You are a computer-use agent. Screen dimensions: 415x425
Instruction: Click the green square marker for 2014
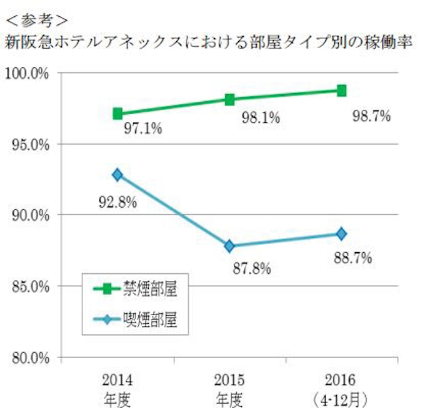click(x=117, y=114)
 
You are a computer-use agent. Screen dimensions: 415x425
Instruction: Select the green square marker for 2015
click(x=229, y=99)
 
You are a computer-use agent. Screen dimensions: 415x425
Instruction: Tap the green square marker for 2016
click(x=341, y=90)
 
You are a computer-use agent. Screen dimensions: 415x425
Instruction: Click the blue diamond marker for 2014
click(x=117, y=175)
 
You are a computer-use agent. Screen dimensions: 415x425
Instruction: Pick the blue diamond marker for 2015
click(x=229, y=246)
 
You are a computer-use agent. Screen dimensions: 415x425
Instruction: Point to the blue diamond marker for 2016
click(x=341, y=233)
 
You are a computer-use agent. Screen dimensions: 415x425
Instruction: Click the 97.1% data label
click(x=142, y=129)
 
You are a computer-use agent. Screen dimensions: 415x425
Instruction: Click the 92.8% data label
click(x=117, y=202)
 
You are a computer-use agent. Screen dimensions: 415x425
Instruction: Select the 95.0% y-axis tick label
click(x=28, y=144)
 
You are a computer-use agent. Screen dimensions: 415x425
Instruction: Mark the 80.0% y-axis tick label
click(x=28, y=358)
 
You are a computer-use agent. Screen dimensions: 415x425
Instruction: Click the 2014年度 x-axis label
click(x=117, y=388)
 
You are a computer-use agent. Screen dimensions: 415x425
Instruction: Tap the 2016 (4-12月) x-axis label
click(x=341, y=388)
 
